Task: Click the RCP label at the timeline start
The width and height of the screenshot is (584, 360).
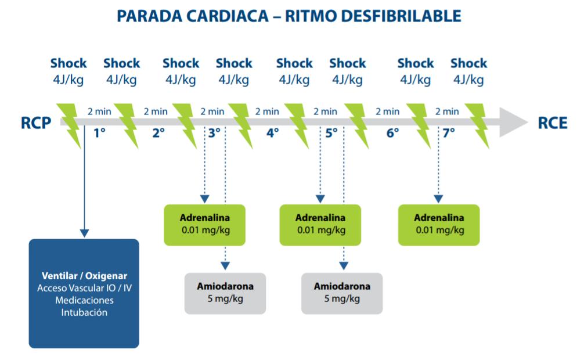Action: click(x=36, y=123)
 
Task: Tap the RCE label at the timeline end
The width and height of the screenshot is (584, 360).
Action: click(x=553, y=123)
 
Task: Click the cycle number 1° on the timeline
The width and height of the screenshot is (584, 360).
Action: click(x=99, y=132)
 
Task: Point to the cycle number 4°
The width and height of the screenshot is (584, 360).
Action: click(x=272, y=132)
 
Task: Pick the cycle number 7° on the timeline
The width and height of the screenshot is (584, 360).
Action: click(x=449, y=132)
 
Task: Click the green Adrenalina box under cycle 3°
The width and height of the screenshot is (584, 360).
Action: click(x=205, y=225)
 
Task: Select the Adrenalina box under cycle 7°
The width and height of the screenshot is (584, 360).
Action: click(x=439, y=225)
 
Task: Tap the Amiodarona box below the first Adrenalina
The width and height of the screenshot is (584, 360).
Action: click(x=225, y=293)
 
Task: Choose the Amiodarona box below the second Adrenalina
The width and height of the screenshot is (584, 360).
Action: click(x=342, y=293)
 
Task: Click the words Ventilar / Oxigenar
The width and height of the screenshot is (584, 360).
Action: click(x=84, y=276)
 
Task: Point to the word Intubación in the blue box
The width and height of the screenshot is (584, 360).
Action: click(x=84, y=312)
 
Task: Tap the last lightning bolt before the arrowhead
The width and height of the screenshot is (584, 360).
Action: click(x=478, y=125)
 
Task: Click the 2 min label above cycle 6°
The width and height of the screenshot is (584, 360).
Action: click(x=387, y=111)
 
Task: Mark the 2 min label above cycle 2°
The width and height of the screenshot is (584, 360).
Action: click(x=156, y=111)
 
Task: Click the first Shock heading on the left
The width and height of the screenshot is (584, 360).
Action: click(x=69, y=63)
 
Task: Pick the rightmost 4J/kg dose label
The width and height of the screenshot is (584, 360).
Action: click(x=468, y=80)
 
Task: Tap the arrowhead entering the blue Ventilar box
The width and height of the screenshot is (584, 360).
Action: click(x=85, y=233)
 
